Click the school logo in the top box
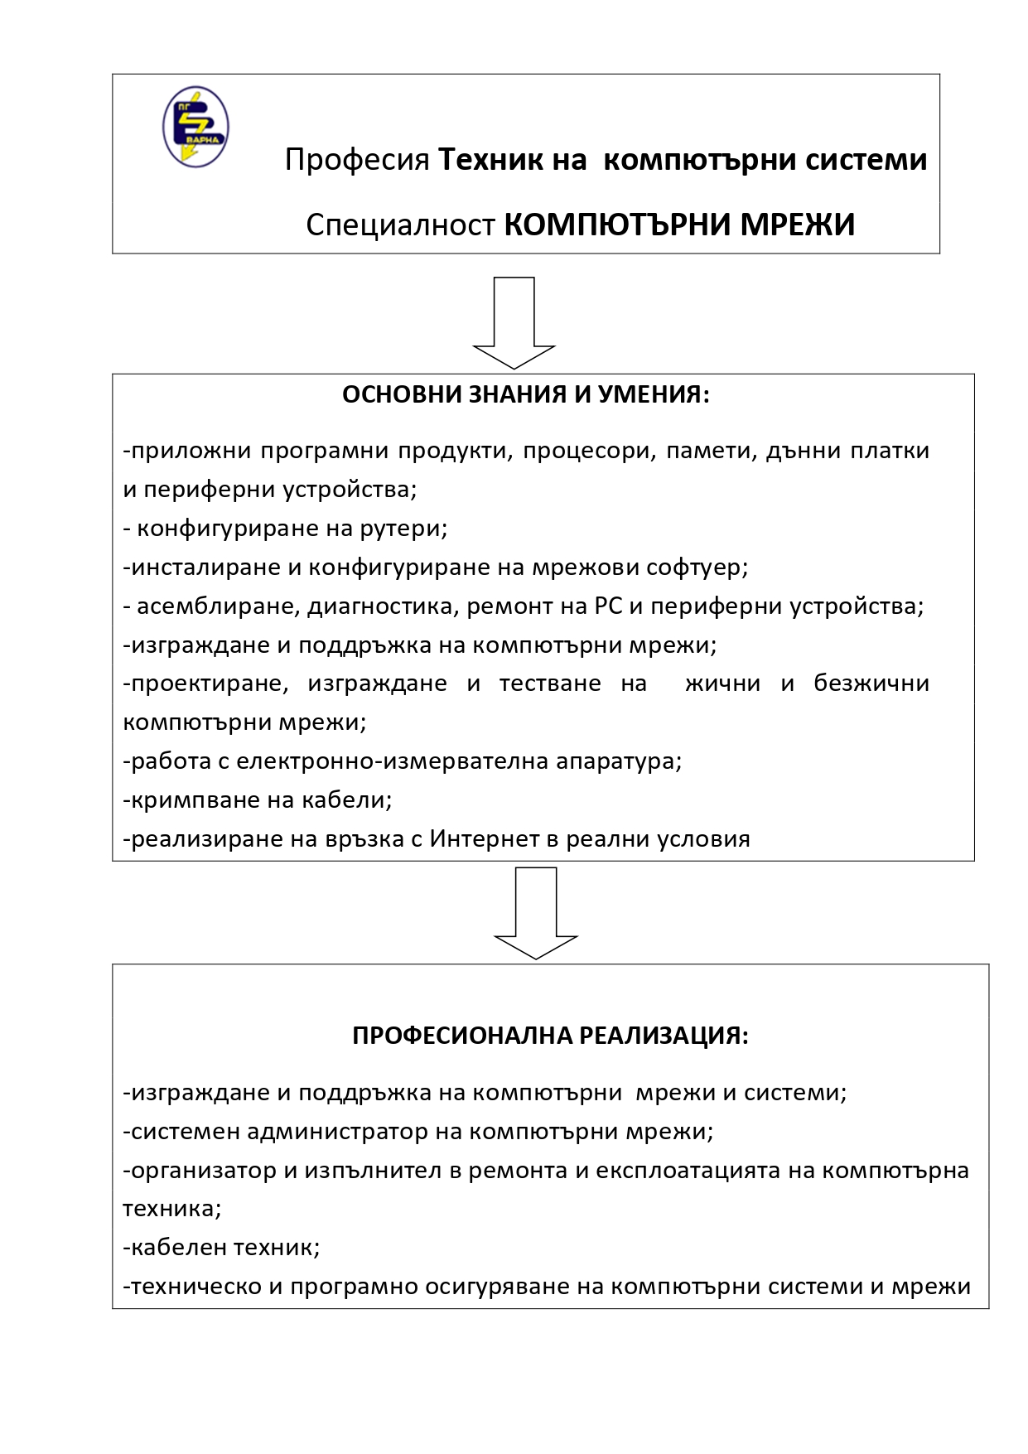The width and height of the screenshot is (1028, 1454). [195, 127]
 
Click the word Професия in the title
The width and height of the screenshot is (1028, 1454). [357, 159]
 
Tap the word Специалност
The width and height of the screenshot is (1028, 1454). [400, 225]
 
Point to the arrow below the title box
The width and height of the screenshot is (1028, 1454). [514, 323]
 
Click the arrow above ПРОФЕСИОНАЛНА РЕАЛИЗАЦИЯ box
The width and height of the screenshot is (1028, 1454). [535, 913]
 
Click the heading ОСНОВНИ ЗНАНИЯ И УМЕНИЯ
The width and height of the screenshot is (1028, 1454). [526, 394]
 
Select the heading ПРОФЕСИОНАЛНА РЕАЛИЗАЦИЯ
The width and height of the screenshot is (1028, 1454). [550, 1036]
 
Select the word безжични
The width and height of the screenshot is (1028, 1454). [871, 684]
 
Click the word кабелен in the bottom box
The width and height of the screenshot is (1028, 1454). [176, 1248]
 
